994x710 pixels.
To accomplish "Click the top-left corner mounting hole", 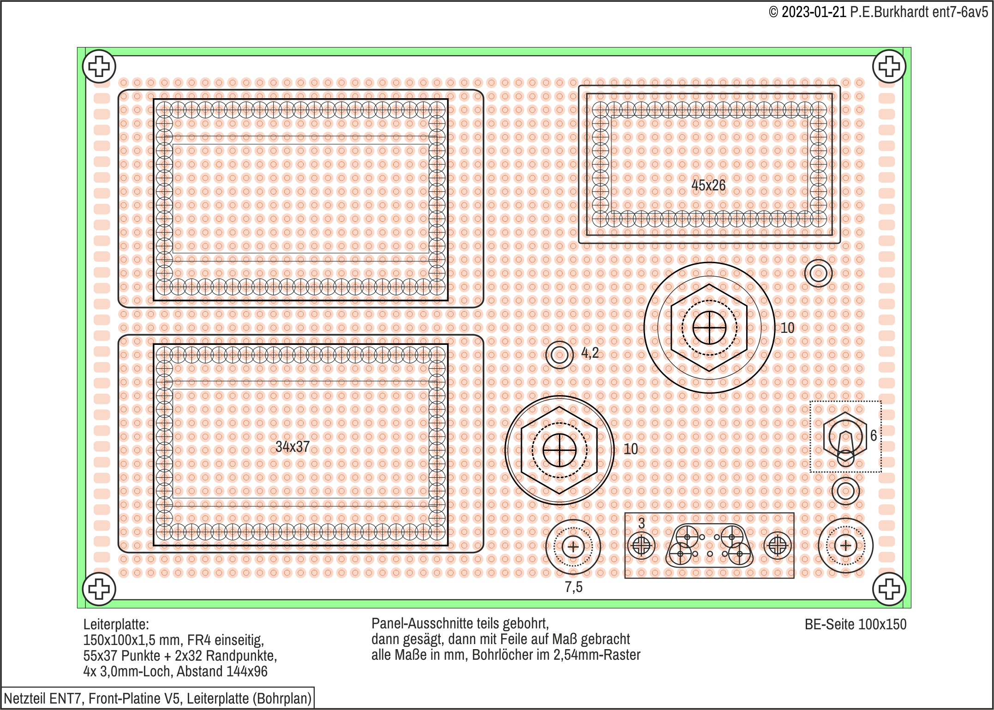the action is coord(99,66).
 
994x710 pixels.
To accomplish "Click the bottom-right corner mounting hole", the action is coord(889,589).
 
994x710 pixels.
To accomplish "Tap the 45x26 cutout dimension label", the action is coord(708,185).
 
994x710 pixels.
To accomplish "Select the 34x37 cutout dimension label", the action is coord(293,446).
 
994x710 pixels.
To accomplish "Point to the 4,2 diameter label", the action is coord(590,353).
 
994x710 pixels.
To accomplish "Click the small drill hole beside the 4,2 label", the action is coord(559,355).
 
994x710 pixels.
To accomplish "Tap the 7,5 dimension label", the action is coord(574,587).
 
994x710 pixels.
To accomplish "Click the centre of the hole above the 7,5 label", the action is coord(573,547).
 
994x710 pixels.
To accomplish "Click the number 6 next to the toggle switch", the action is coord(874,435).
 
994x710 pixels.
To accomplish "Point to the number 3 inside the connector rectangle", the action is coord(641,523).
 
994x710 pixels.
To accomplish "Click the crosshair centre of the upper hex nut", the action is coord(709,328).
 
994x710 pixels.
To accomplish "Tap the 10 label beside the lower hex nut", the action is coord(631,449).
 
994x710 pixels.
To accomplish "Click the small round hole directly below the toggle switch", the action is coord(845,491).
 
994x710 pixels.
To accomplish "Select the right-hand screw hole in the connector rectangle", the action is coord(778,546).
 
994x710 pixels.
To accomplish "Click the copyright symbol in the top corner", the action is coord(773,12).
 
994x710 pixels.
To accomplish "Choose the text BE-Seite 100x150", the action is coord(856,624).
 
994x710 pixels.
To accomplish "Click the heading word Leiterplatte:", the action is coord(116,625).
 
